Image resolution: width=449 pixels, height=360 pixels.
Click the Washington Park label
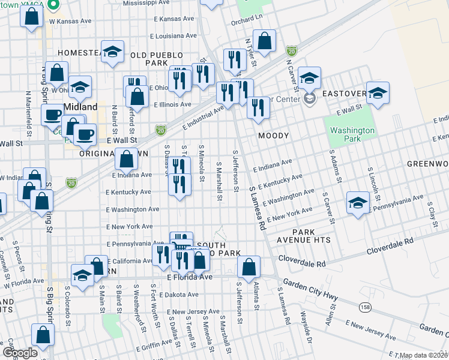352,135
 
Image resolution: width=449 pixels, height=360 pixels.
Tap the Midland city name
80,106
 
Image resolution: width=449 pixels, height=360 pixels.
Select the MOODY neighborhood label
274,136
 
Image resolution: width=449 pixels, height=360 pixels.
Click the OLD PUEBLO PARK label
157,59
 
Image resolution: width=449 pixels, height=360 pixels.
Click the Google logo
20,353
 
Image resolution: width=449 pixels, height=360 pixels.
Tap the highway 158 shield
364,307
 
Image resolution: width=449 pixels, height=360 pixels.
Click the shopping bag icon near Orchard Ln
264,41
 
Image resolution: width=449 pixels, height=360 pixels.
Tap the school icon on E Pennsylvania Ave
358,202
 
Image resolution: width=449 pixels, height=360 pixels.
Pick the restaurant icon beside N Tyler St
235,59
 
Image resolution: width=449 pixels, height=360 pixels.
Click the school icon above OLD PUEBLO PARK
112,52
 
